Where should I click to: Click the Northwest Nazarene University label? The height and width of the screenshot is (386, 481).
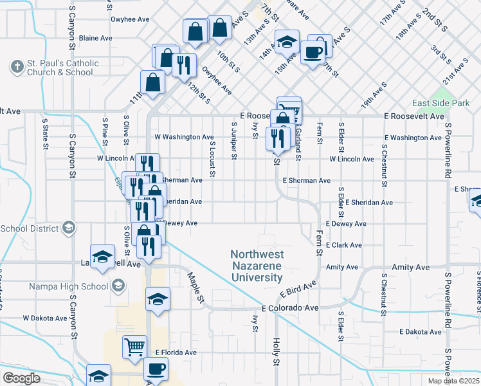257,266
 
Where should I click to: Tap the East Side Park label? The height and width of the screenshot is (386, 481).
440,103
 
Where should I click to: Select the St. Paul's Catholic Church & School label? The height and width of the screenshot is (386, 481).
62,68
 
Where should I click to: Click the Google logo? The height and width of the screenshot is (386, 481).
21,378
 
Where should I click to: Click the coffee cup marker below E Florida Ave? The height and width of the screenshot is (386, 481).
156,369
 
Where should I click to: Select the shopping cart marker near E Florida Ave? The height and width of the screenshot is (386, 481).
135,347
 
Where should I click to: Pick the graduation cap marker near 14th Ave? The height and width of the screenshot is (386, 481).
287,42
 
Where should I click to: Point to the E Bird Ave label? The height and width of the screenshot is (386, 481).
298,289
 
